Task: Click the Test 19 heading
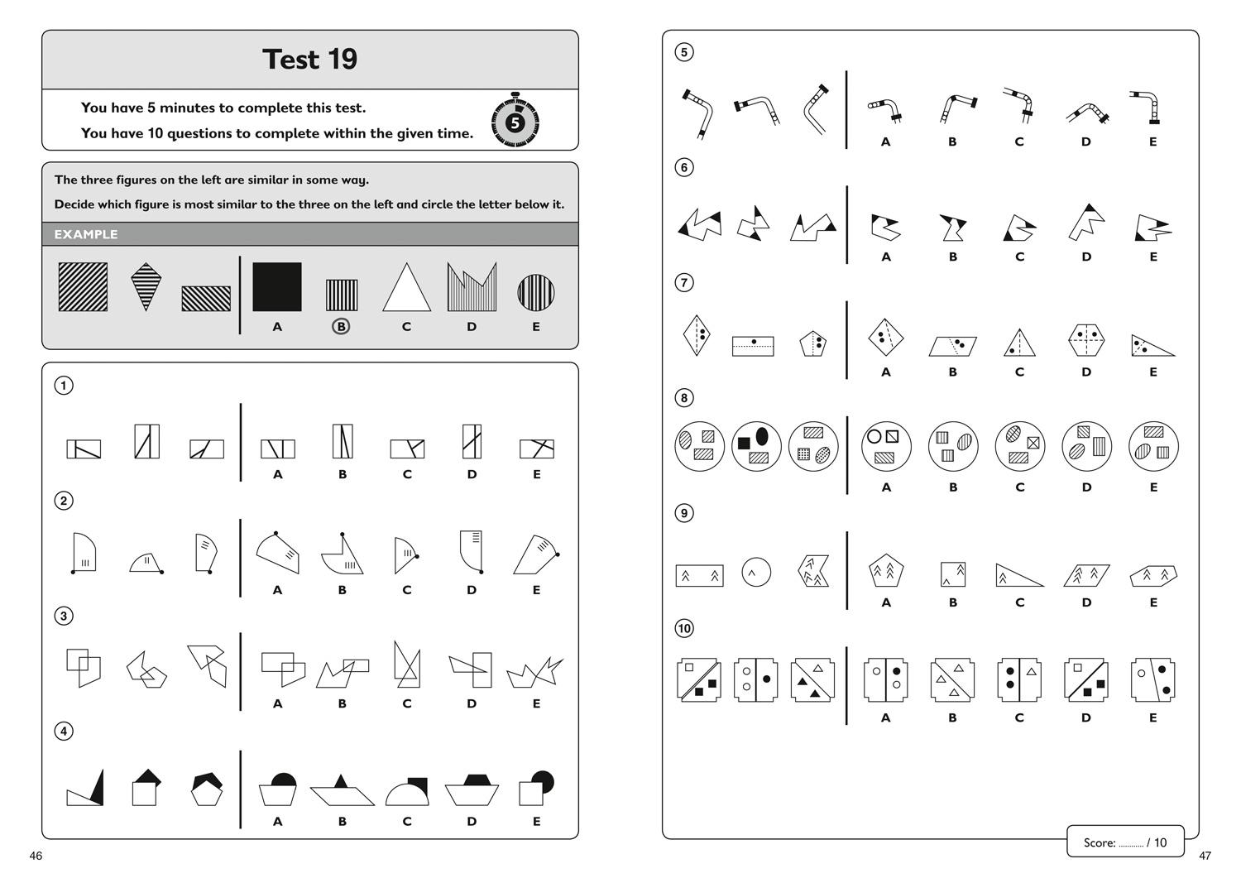(x=309, y=60)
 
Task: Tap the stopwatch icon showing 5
(x=515, y=120)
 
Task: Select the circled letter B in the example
(x=341, y=327)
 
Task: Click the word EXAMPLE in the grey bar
(x=86, y=234)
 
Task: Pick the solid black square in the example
(x=277, y=286)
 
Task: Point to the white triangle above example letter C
(x=407, y=287)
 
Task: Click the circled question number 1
(x=64, y=386)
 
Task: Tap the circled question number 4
(x=64, y=731)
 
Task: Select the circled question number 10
(x=684, y=628)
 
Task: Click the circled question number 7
(x=684, y=283)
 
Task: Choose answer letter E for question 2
(x=536, y=590)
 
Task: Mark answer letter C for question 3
(x=407, y=703)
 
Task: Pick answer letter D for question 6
(x=1086, y=257)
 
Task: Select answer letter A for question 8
(x=886, y=487)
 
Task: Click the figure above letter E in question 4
(x=536, y=788)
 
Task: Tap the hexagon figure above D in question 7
(x=1085, y=340)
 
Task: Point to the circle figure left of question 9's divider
(x=756, y=572)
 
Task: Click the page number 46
(x=36, y=856)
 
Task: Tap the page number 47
(x=1205, y=856)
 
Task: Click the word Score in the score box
(x=1100, y=842)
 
